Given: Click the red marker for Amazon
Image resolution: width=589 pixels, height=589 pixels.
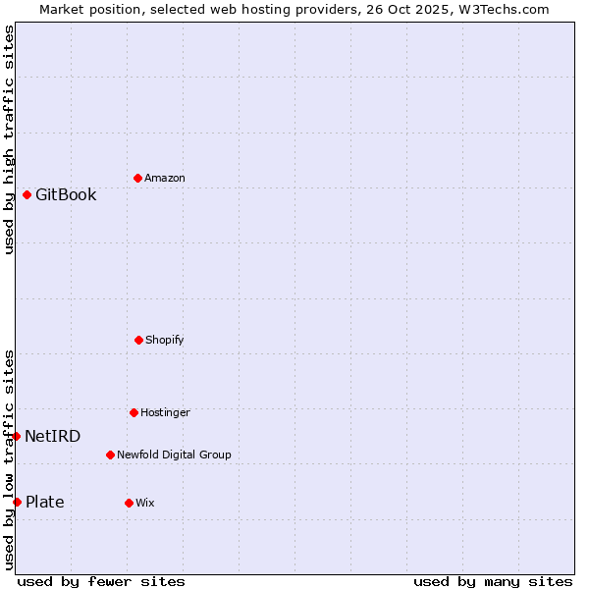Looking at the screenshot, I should pyautogui.click(x=137, y=178).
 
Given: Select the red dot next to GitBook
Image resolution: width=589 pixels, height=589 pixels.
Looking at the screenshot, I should pyautogui.click(x=27, y=194).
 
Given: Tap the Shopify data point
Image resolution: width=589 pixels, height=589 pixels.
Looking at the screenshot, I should pyautogui.click(x=138, y=340).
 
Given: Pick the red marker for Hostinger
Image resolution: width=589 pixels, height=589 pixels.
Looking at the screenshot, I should pyautogui.click(x=134, y=412).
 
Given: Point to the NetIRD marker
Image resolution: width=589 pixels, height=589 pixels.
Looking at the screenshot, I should pyautogui.click(x=16, y=436).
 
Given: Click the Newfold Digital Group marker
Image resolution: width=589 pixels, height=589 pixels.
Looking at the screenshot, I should pyautogui.click(x=110, y=455).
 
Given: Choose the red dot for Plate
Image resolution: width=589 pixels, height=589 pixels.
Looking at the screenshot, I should pyautogui.click(x=17, y=502).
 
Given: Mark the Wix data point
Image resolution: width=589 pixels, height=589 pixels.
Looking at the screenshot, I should pyautogui.click(x=129, y=503).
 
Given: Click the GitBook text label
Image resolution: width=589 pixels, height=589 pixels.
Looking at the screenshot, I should pyautogui.click(x=66, y=194).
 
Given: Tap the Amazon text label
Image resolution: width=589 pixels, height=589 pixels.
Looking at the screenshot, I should pyautogui.click(x=165, y=178).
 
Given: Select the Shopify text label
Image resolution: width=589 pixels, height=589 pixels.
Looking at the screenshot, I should pyautogui.click(x=165, y=340).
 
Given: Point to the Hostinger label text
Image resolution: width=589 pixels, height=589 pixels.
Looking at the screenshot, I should pyautogui.click(x=165, y=412).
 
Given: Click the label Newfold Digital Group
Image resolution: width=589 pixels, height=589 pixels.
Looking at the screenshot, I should pyautogui.click(x=174, y=455).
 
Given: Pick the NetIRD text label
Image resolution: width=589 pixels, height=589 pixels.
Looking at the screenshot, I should pyautogui.click(x=53, y=436).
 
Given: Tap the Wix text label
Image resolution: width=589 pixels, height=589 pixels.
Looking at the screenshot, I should pyautogui.click(x=145, y=503).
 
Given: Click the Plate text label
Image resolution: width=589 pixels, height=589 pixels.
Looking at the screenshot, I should pyautogui.click(x=45, y=502).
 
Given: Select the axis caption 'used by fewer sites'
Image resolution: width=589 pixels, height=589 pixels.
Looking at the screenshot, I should pyautogui.click(x=101, y=581).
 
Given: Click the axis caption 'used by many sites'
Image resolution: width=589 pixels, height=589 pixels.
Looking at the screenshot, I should pyautogui.click(x=493, y=581).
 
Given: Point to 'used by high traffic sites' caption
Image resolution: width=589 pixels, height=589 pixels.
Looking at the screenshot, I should pyautogui.click(x=9, y=140).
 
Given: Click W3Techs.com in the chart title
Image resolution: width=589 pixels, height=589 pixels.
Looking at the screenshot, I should pyautogui.click(x=500, y=9).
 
